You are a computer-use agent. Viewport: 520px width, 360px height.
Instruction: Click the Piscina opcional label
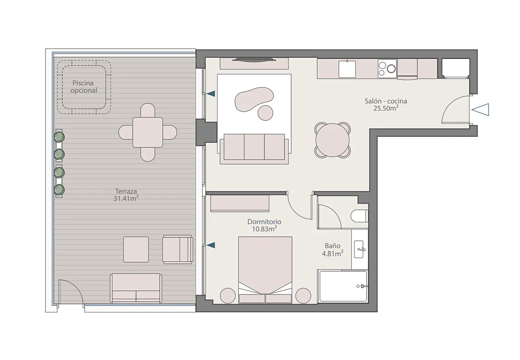click(x=84, y=87)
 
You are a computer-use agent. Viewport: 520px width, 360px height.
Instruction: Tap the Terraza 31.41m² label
click(x=126, y=195)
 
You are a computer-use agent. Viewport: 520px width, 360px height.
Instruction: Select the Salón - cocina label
click(x=386, y=101)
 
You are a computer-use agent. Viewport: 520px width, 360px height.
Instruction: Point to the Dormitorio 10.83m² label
click(x=264, y=225)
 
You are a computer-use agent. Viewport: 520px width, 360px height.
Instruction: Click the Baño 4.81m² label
click(x=332, y=250)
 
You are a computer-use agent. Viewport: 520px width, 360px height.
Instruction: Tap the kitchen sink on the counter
click(x=347, y=69)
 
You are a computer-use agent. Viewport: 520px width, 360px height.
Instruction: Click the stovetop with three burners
click(x=387, y=68)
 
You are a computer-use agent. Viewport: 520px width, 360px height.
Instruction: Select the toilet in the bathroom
click(x=359, y=216)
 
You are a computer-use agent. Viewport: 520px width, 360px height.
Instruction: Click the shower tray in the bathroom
click(x=343, y=286)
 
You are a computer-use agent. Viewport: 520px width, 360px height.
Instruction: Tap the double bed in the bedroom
click(x=265, y=270)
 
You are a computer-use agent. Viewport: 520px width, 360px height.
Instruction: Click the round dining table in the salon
click(x=332, y=140)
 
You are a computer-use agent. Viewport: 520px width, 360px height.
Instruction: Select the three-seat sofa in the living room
click(x=254, y=148)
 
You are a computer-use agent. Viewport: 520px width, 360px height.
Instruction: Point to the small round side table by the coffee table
click(x=265, y=113)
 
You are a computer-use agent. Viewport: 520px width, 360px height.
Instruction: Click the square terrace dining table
click(x=148, y=132)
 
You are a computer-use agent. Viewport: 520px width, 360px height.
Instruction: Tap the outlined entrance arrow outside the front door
click(x=481, y=110)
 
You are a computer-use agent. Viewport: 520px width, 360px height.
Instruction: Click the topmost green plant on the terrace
click(x=59, y=137)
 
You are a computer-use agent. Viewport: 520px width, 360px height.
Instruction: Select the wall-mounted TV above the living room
click(x=254, y=60)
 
